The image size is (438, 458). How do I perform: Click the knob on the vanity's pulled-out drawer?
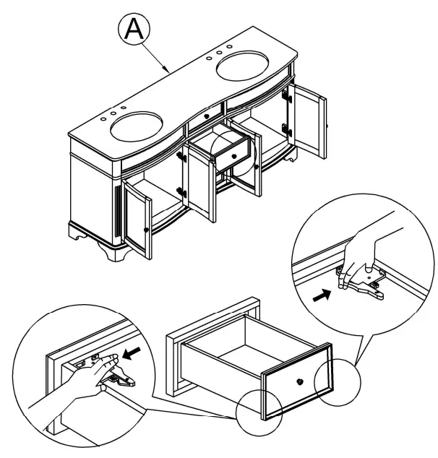click(x=232, y=153)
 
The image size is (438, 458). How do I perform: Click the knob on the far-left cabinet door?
click(x=147, y=229)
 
